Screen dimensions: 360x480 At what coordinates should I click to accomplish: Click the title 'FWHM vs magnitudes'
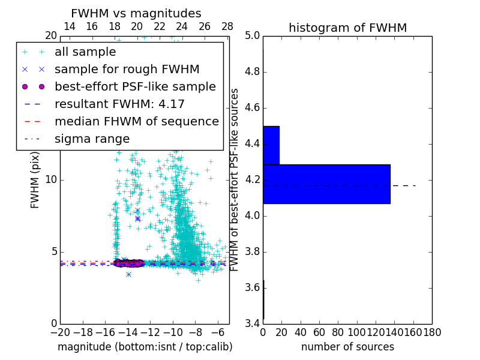pyautogui.click(x=136, y=13)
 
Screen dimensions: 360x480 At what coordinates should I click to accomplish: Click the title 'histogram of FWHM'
pyautogui.click(x=347, y=28)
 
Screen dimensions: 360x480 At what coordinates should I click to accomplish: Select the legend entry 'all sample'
pyautogui.click(x=85, y=52)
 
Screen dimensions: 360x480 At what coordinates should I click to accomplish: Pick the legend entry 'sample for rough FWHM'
pyautogui.click(x=127, y=70)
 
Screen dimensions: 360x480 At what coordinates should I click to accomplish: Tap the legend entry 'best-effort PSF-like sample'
pyautogui.click(x=135, y=87)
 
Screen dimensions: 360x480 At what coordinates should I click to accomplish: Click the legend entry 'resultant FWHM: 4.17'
pyautogui.click(x=119, y=104)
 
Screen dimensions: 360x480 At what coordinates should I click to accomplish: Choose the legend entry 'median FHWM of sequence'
pyautogui.click(x=136, y=122)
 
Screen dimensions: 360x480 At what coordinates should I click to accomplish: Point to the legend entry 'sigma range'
pyautogui.click(x=92, y=139)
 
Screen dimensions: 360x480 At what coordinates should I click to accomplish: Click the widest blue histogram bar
pyautogui.click(x=326, y=184)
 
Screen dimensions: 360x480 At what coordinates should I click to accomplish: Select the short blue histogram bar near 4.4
pyautogui.click(x=271, y=145)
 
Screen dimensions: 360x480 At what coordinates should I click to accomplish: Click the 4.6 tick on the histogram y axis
pyautogui.click(x=251, y=108)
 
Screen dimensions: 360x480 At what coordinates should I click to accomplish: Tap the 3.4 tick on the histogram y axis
pyautogui.click(x=251, y=324)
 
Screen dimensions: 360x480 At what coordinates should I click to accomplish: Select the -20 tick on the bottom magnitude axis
pyautogui.click(x=60, y=332)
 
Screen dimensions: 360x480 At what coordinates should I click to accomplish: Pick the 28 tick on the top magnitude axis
pyautogui.click(x=227, y=26)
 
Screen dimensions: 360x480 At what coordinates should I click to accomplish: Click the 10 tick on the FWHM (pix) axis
pyautogui.click(x=51, y=180)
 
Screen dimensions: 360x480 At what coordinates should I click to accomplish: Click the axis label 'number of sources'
pyautogui.click(x=347, y=347)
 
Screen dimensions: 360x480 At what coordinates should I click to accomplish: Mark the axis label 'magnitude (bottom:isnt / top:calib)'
pyautogui.click(x=145, y=347)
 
